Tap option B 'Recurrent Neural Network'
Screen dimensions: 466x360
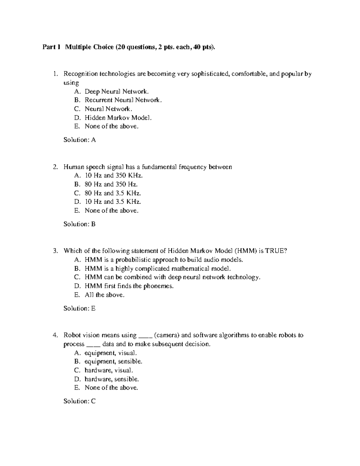(123, 100)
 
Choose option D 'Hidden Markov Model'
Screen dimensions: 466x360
(118, 118)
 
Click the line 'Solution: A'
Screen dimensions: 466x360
(79, 140)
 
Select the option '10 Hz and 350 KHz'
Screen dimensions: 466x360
(114, 176)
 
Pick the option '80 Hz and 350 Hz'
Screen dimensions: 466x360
(111, 184)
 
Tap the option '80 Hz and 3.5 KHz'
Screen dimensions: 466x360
(113, 193)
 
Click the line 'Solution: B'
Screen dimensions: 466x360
(79, 224)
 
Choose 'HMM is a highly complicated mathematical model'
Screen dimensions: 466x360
(158, 269)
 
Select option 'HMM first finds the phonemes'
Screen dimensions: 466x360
(129, 286)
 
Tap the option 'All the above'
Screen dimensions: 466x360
(104, 295)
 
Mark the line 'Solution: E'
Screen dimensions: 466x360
(79, 308)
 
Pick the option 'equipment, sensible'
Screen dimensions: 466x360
(113, 362)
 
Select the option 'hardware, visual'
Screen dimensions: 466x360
(109, 370)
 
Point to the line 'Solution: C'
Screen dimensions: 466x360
(79, 401)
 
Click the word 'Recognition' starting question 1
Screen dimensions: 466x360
(80, 74)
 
